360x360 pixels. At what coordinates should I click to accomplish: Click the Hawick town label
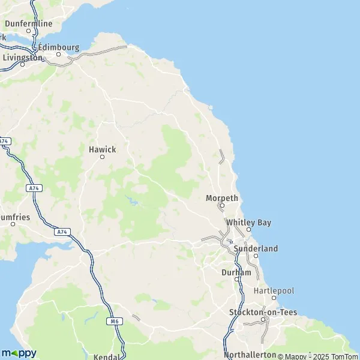102,149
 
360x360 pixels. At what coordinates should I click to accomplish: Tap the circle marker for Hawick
102,157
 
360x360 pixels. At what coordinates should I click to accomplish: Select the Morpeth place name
222,198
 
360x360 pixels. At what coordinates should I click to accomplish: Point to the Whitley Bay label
248,223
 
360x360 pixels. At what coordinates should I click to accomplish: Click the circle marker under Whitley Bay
248,229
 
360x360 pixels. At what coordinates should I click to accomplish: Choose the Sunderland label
256,248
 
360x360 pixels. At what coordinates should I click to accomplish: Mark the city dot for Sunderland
256,256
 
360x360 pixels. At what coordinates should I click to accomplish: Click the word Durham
236,272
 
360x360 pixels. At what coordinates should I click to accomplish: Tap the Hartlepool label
274,290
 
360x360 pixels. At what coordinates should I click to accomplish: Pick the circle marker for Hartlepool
274,298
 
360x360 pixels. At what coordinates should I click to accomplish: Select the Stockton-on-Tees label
263,312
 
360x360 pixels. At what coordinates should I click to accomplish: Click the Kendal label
107,356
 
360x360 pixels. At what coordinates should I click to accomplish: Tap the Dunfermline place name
28,23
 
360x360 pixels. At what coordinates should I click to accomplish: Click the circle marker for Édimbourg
59,54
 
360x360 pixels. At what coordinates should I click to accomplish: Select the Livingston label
23,58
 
